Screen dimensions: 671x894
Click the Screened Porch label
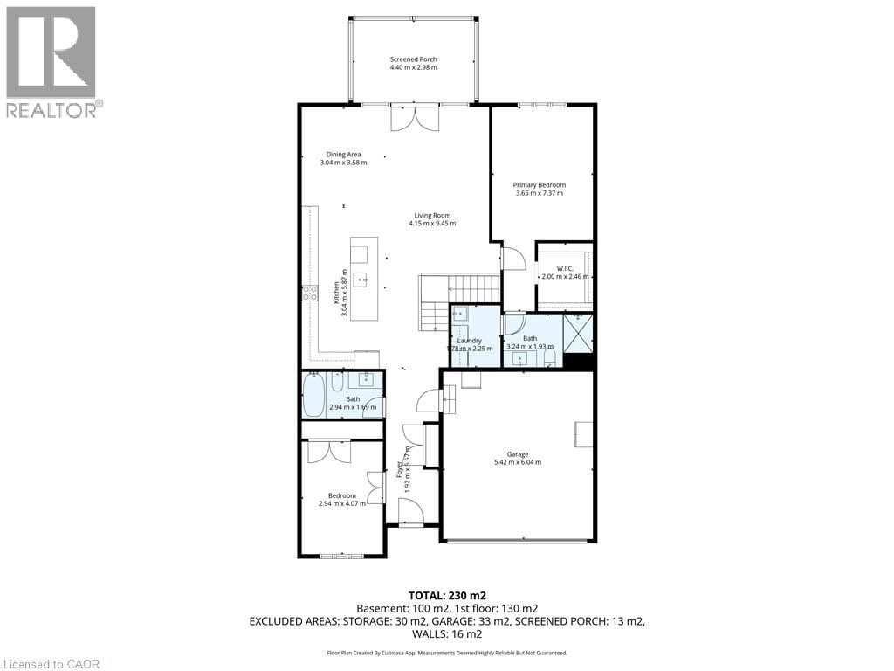413,59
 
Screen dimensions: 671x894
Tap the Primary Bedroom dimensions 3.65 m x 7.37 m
539,193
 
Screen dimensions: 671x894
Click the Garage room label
518,454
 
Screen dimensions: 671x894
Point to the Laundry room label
470,340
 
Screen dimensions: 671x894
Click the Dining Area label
343,154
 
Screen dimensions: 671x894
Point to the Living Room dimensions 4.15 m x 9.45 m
432,224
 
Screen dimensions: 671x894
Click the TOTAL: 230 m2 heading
447,595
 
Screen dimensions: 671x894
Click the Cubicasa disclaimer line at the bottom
447,653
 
